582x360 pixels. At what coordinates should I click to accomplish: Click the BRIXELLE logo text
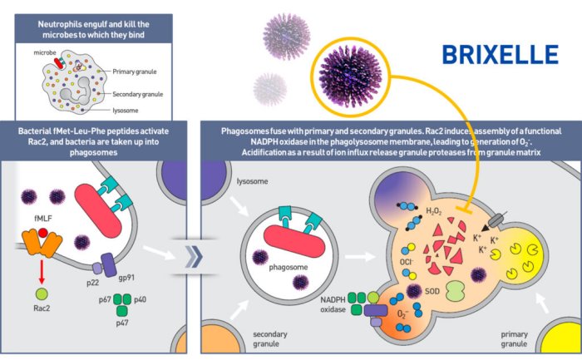pyautogui.click(x=500, y=56)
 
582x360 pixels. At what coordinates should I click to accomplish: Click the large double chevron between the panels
pyautogui.click(x=193, y=256)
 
